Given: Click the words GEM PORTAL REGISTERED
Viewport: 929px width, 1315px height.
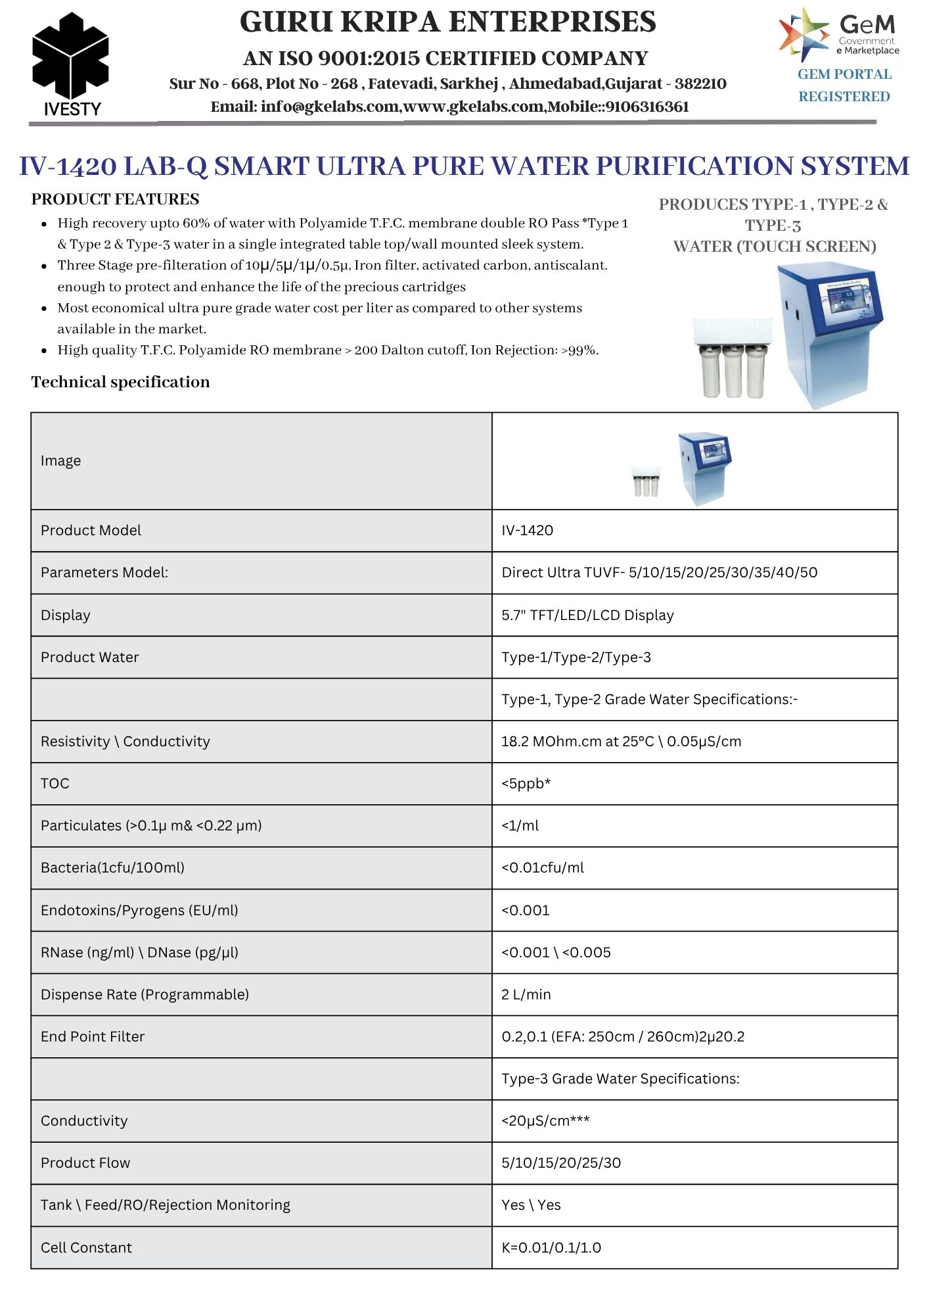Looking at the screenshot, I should coord(844,85).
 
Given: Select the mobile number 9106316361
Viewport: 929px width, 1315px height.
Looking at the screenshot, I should coord(647,107).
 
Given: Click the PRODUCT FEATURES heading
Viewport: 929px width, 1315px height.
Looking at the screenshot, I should coord(115,199).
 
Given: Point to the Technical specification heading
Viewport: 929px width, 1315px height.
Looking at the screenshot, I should coord(120,382).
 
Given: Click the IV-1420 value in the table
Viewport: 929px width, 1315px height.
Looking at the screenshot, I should coord(527,531).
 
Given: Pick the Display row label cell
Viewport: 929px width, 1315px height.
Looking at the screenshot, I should coord(66,615).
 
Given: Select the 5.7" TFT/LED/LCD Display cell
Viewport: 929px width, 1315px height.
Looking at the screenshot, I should coord(587,615).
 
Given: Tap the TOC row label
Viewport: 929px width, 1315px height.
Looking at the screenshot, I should coord(55,784).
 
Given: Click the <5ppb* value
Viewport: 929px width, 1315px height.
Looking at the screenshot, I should coord(526,784).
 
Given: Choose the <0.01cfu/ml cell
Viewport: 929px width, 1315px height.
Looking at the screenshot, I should coord(542,868).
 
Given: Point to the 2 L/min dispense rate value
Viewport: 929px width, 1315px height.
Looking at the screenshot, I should coord(526,995).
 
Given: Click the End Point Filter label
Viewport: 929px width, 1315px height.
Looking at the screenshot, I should coord(93,1037).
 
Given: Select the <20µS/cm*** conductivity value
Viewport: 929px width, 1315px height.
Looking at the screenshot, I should coord(545,1121).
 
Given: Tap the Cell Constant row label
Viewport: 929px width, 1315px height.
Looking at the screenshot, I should coord(86,1248).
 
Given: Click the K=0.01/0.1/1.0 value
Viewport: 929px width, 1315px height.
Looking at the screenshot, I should coord(551,1248).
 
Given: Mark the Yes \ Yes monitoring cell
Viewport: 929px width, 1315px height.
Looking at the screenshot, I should coord(531,1205).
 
